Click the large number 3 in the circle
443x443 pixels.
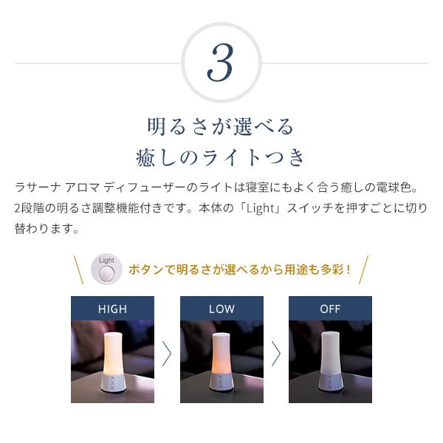[220, 63]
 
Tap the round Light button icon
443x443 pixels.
[107, 269]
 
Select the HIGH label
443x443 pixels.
[112, 309]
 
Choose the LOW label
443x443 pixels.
[221, 309]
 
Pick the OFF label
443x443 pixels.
[330, 309]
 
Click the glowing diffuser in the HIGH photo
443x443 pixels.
[112, 362]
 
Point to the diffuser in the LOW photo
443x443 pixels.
[221, 362]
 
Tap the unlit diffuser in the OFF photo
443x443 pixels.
[330, 362]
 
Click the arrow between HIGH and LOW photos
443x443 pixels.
[167, 354]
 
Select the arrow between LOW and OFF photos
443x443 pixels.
[276, 354]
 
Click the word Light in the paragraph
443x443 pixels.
[260, 208]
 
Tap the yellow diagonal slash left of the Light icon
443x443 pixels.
[78, 269]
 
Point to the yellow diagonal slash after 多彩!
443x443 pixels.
[363, 269]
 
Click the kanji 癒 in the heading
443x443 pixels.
[145, 157]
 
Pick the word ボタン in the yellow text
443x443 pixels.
[146, 269]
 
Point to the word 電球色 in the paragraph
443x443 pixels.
[393, 188]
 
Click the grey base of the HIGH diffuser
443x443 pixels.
[112, 383]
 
